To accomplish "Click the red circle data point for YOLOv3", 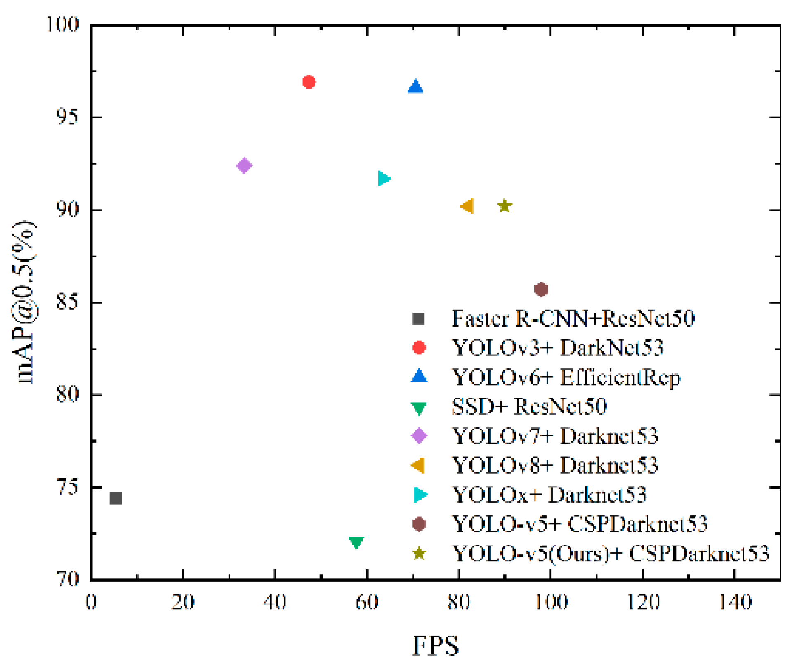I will pos(309,82).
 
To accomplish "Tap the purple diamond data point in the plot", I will pos(244,165).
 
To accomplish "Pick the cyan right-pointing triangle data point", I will pos(383,178).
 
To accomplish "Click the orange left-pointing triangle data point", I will pos(468,206).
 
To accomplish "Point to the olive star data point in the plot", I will pos(505,206).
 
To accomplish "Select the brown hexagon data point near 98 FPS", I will pos(541,289).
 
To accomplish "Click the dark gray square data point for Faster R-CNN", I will pos(116,498).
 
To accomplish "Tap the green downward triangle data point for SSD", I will pos(356,542).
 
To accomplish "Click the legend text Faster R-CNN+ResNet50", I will pos(573,318).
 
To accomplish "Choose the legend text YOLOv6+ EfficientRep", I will pos(566,377).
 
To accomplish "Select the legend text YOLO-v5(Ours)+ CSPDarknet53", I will pos(611,553).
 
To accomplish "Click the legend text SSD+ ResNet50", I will pos(529,406).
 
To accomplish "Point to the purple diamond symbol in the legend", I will pos(419,436).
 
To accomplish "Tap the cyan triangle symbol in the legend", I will pos(420,495).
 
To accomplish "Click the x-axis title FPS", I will pos(436,645).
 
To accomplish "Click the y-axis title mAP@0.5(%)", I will pos(26,302).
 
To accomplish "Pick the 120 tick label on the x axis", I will pos(643,602).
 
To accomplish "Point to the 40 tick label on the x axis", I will pos(275,602).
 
